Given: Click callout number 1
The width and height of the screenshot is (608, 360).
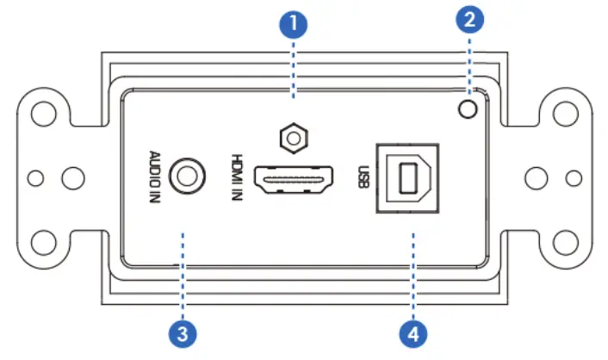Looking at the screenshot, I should (295, 22).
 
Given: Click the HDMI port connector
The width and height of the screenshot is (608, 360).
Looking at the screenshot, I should (295, 182).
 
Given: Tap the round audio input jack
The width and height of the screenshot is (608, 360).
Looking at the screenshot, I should (187, 177).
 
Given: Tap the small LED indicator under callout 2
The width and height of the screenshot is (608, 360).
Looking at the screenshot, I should (468, 109).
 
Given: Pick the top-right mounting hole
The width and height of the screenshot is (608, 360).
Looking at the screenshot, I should (566, 115).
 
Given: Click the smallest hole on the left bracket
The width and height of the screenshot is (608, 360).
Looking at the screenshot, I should (34, 178).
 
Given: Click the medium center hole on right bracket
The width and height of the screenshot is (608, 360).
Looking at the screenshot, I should (535, 178).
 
